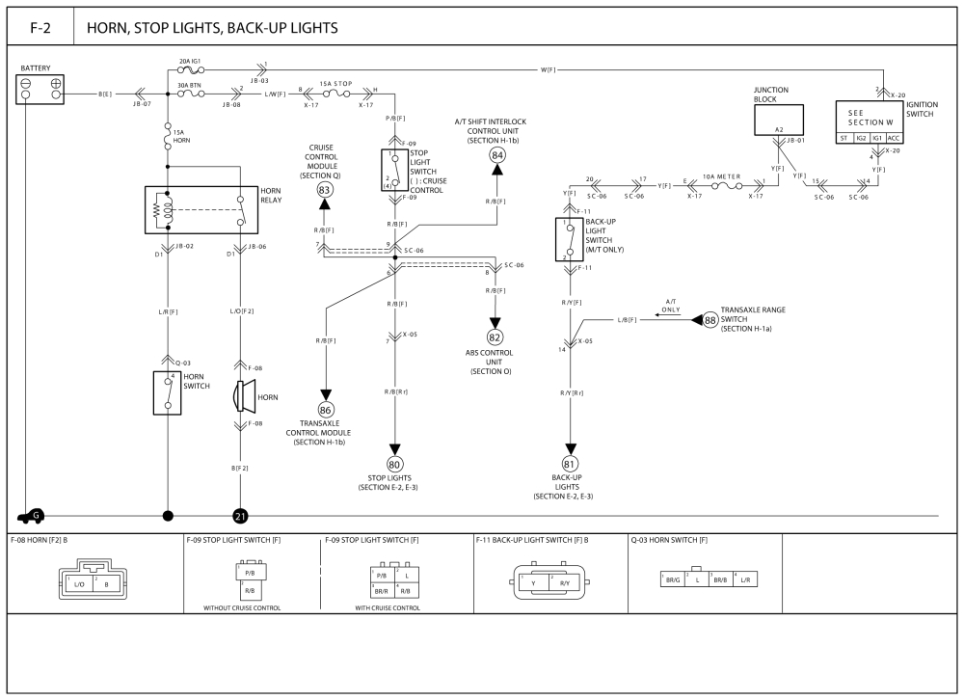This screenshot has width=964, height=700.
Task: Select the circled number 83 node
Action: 325,192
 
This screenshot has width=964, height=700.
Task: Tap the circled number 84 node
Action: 497,155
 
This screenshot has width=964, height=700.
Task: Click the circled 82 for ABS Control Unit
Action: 495,337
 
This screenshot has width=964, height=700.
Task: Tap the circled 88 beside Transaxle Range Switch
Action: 710,319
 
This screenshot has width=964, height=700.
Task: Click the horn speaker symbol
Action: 242,395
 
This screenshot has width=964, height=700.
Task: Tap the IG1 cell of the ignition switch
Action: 876,138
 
